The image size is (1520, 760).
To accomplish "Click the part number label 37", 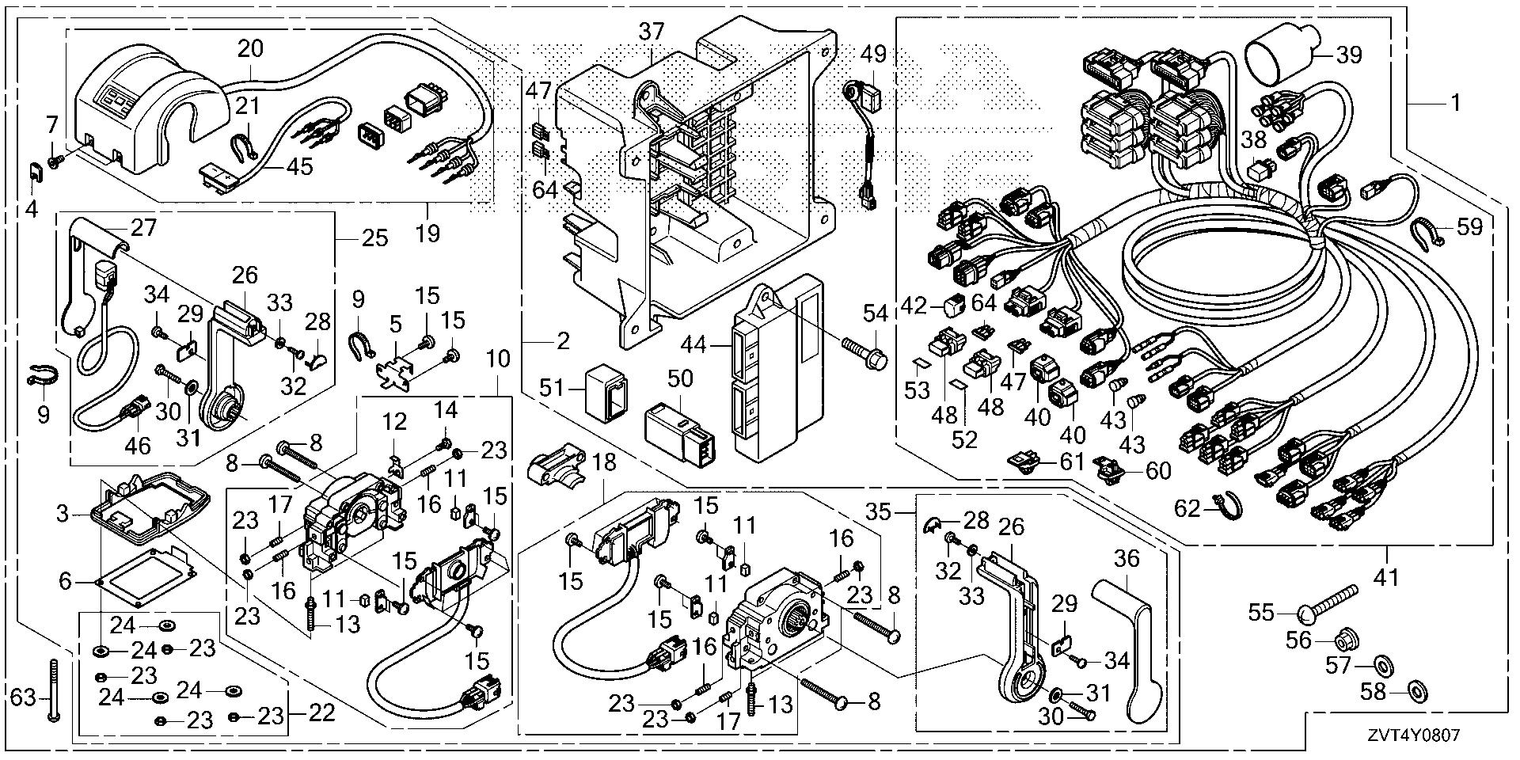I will point(652,32).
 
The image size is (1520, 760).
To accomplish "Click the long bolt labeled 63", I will point(53,690).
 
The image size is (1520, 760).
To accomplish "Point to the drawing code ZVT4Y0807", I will point(1412,736).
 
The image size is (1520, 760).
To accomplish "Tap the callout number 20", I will point(250,49).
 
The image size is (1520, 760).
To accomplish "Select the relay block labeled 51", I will point(607,392).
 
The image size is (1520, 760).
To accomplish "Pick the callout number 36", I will point(1126,560).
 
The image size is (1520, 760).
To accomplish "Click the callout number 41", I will point(1385,579).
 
